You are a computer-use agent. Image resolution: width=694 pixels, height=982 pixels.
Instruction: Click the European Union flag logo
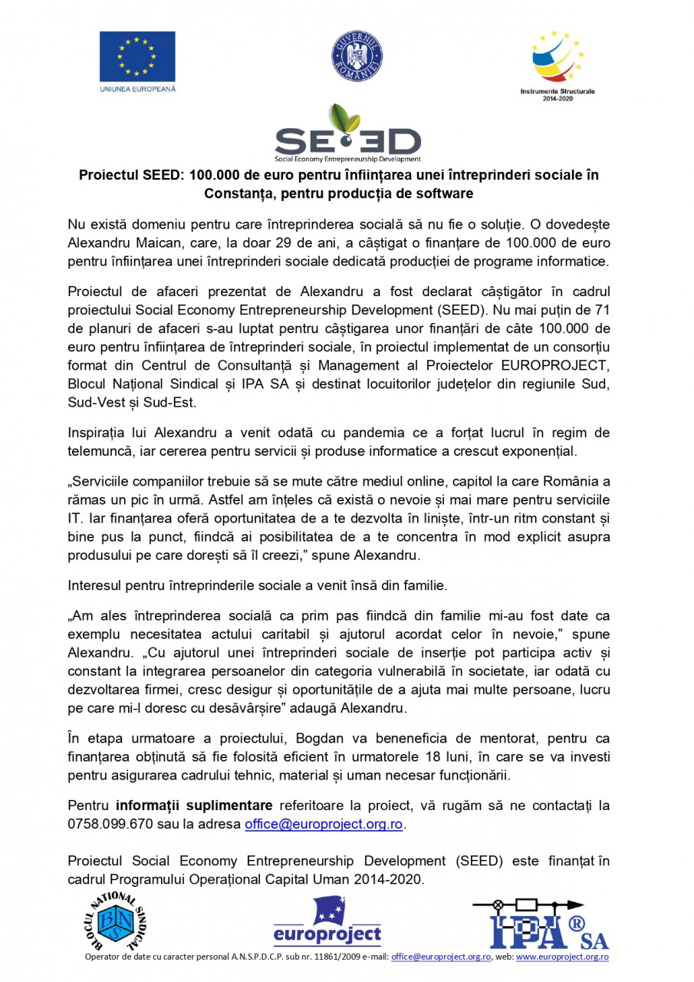(136, 59)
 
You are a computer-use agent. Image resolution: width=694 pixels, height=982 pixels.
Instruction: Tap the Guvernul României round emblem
(357, 58)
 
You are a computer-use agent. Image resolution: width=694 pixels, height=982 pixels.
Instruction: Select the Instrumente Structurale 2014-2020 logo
(558, 64)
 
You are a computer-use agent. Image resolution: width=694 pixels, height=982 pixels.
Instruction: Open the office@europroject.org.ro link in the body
(324, 825)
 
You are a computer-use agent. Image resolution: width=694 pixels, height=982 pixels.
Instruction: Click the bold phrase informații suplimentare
(194, 806)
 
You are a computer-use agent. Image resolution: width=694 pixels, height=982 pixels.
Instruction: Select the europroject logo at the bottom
(327, 924)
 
